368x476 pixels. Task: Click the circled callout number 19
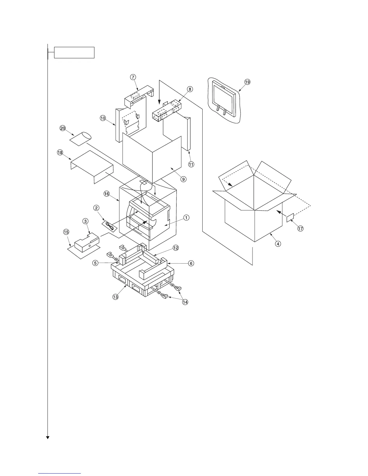point(247,82)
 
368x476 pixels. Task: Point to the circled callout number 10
point(103,118)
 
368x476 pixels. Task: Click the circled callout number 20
point(63,128)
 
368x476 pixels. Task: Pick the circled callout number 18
point(60,153)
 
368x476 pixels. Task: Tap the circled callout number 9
point(183,179)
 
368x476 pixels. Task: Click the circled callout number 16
point(106,194)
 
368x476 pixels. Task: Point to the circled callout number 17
point(300,229)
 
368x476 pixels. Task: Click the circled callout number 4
point(278,244)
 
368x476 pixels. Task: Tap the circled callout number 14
point(185,302)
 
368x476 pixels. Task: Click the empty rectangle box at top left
point(74,52)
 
